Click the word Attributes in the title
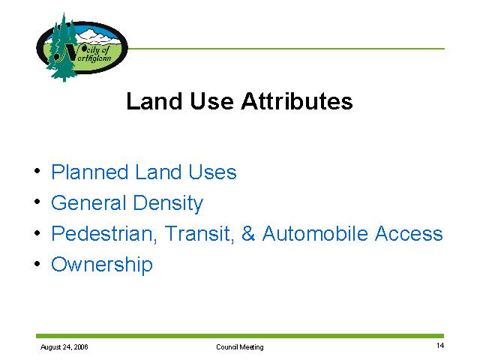[297, 101]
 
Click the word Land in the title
[154, 101]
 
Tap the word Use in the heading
[211, 101]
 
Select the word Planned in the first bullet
[89, 172]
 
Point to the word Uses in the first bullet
[212, 172]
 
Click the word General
[88, 202]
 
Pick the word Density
[168, 203]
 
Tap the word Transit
[199, 234]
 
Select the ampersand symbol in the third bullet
[248, 233]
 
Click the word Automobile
[315, 233]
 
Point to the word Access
[409, 233]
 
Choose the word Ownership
[102, 265]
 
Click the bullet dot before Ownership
[37, 263]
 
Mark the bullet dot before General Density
[37, 202]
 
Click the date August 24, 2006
[64, 347]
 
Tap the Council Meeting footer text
[240, 347]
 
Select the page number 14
[440, 346]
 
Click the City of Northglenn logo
[82, 47]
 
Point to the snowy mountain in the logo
[97, 36]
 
